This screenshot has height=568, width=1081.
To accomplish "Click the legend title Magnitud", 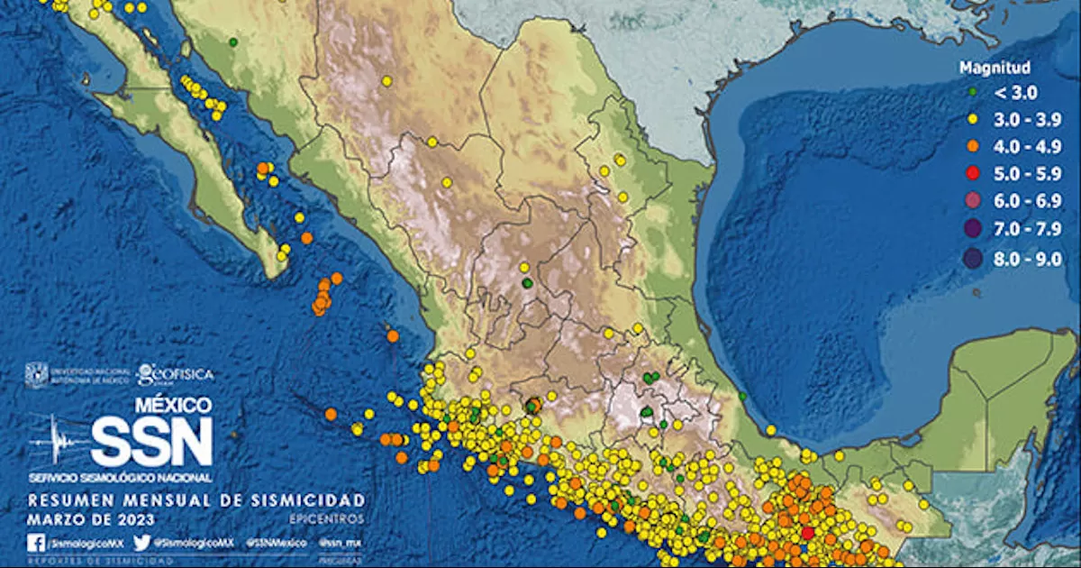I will (995, 68).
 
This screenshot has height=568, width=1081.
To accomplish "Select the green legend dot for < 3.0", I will (973, 92).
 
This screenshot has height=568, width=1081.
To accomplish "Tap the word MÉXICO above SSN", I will (173, 406).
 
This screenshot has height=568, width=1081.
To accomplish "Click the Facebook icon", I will (36, 543).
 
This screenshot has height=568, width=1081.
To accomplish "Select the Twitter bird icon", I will (141, 543).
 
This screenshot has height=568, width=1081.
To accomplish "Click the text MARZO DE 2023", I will (91, 519).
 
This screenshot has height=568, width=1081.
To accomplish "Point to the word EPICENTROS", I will (328, 519).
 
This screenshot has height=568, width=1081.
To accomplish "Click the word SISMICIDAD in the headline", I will (312, 499).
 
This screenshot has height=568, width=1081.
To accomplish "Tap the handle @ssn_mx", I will (342, 543).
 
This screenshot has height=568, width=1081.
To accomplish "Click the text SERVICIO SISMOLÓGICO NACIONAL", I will (120, 476).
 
